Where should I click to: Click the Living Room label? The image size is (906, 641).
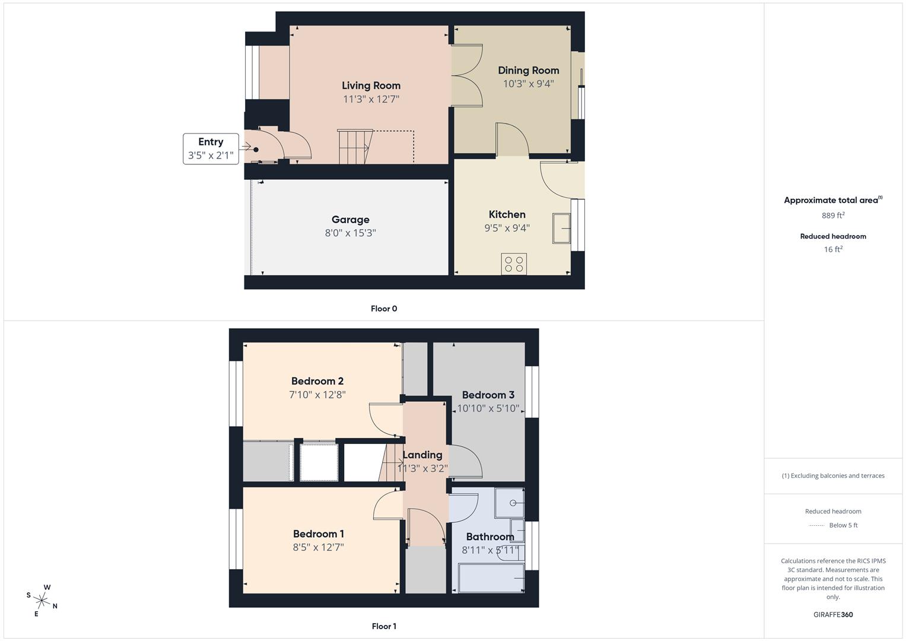tap(371, 85)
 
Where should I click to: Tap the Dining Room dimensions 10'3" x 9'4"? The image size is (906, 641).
tap(528, 84)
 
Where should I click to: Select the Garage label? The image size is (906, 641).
tap(350, 220)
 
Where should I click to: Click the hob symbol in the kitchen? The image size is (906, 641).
tap(514, 264)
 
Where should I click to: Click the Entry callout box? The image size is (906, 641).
tap(211, 148)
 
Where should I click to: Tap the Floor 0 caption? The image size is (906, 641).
tap(384, 309)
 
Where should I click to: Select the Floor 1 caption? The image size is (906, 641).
tap(384, 626)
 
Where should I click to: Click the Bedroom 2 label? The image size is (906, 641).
tap(317, 381)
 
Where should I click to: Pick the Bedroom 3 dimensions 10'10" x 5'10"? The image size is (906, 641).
tap(488, 408)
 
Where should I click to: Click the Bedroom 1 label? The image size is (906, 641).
tap(318, 534)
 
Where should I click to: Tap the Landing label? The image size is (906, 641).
tap(422, 455)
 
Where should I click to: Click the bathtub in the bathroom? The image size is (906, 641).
tap(491, 578)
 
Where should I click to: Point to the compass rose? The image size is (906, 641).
tap(42, 600)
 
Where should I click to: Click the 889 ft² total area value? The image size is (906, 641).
tap(833, 215)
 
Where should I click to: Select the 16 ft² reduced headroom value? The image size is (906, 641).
tap(833, 249)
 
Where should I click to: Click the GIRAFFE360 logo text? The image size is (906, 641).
tap(833, 614)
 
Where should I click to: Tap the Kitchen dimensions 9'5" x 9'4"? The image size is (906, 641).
tap(507, 228)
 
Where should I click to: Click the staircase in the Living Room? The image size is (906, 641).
tap(354, 147)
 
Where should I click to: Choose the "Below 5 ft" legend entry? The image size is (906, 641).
tap(843, 525)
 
